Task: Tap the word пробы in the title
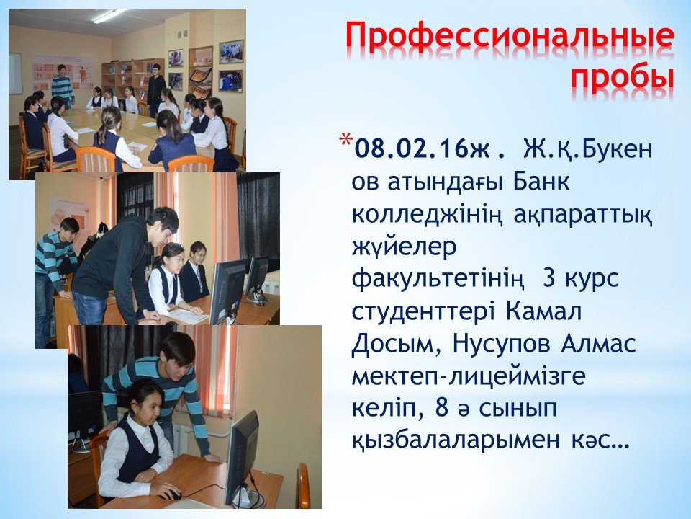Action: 623,79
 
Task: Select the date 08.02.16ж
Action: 428,149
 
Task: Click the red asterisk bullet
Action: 345,140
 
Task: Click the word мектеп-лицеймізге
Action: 469,377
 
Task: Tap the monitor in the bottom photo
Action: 242,459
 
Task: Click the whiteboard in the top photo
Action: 15,74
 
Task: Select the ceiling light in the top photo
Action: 108,15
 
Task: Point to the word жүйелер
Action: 404,247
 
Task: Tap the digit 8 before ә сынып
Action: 441,408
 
